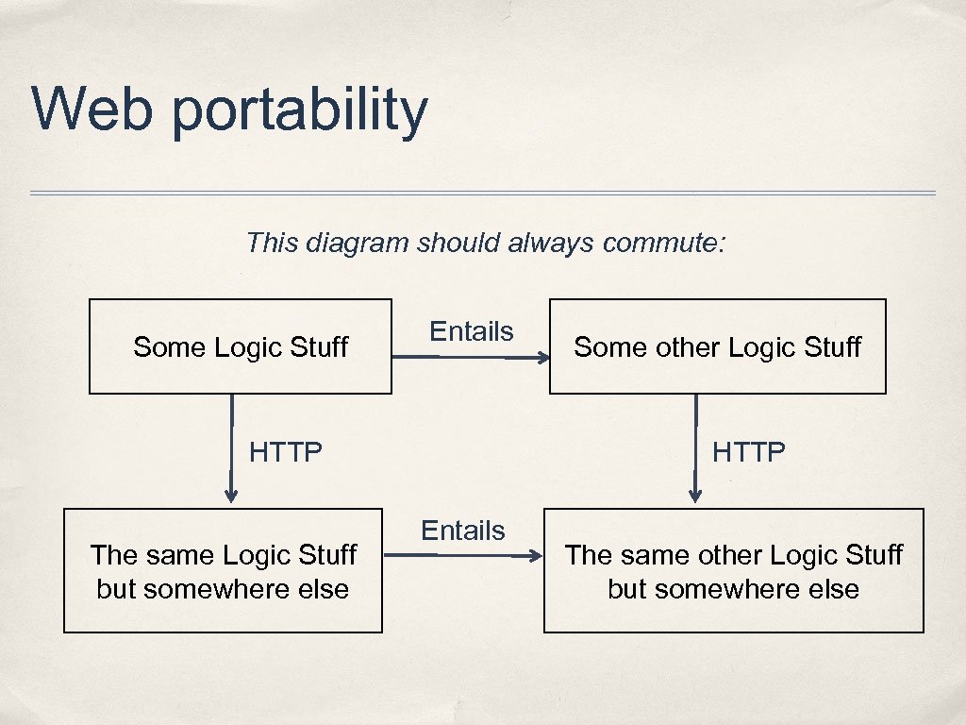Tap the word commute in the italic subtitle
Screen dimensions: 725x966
664,244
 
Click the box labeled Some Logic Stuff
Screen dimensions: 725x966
240,346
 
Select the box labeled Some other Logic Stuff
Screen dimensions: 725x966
717,346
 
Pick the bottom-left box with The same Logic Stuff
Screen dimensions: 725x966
223,570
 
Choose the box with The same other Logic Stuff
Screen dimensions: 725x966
733,570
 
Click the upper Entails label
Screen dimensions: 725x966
471,331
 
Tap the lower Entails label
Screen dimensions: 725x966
462,531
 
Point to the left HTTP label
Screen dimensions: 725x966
285,452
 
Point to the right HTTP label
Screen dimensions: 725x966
748,452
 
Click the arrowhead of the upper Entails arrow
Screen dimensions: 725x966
543,358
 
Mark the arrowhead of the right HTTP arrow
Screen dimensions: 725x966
695,495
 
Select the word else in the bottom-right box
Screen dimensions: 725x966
834,589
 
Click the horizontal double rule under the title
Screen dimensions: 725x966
482,194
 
